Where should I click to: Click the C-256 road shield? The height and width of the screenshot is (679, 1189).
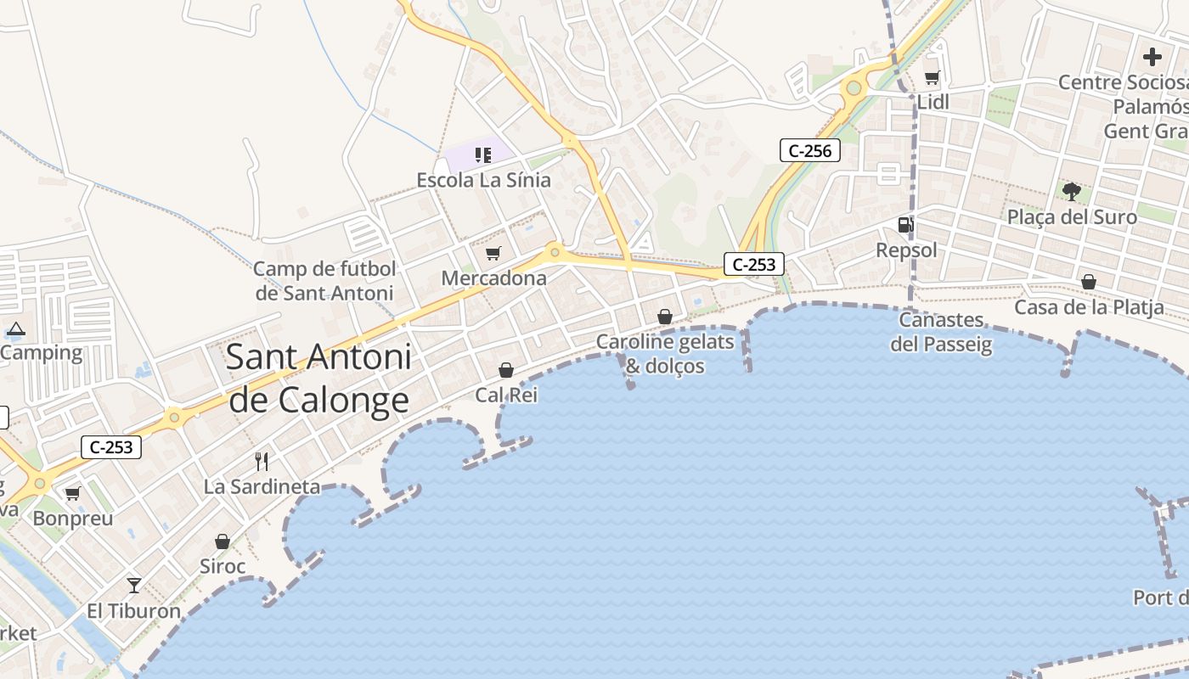click(809, 151)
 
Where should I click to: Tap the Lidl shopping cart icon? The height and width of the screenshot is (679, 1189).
click(932, 78)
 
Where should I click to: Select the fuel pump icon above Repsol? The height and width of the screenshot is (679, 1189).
click(905, 225)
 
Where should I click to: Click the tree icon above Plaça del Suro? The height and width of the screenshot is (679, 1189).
click(1071, 192)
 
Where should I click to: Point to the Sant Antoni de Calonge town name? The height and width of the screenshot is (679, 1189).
click(318, 378)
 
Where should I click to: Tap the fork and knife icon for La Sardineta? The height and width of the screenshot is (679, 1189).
click(262, 462)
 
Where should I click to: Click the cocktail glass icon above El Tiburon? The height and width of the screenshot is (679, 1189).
click(134, 585)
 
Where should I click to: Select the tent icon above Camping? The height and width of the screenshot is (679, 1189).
click(15, 328)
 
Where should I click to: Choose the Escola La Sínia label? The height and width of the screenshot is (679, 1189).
click(483, 180)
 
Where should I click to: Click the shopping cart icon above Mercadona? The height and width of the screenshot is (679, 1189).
click(493, 253)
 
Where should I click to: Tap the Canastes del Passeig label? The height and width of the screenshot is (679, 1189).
click(941, 332)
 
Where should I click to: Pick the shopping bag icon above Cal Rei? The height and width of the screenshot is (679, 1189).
click(506, 370)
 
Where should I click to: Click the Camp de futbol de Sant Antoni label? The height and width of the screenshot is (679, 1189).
click(324, 281)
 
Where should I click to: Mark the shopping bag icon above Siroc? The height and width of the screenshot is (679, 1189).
click(223, 542)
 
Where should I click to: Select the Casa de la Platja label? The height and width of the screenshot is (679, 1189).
click(1089, 307)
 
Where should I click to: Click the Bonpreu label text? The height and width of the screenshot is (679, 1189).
click(73, 518)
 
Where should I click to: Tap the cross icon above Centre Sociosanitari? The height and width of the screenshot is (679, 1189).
click(1152, 57)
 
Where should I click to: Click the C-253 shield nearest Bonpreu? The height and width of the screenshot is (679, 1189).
click(111, 447)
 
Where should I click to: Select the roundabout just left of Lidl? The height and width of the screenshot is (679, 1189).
click(854, 87)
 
